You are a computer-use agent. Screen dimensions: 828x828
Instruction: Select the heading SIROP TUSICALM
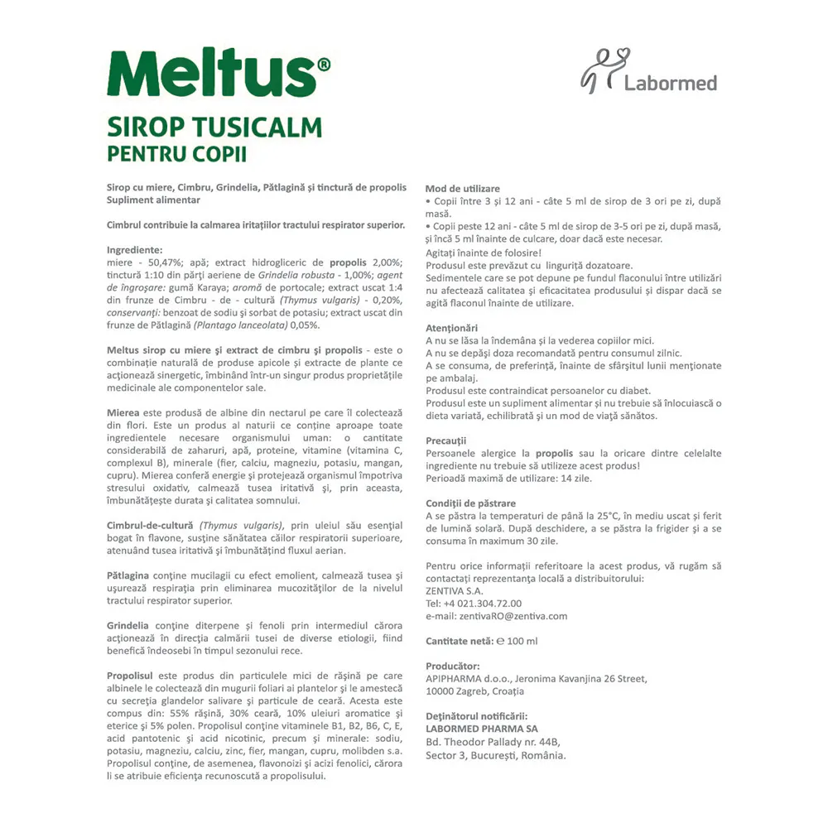pos(214,128)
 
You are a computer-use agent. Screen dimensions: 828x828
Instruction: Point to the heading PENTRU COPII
pos(177,154)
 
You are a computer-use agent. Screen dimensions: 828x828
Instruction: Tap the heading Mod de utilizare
pos(463,189)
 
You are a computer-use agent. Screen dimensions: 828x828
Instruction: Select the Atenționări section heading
pos(451,328)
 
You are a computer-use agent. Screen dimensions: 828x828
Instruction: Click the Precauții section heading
pos(446,440)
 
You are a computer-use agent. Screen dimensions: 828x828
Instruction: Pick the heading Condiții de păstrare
pos(470,503)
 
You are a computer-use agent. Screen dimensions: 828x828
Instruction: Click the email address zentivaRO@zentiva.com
pos(497,616)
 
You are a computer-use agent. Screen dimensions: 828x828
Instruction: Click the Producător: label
pos(453,666)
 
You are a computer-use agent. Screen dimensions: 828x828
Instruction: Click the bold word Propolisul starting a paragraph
pos(137,676)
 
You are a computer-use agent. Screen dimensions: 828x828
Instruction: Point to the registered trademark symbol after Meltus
pos(324,64)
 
